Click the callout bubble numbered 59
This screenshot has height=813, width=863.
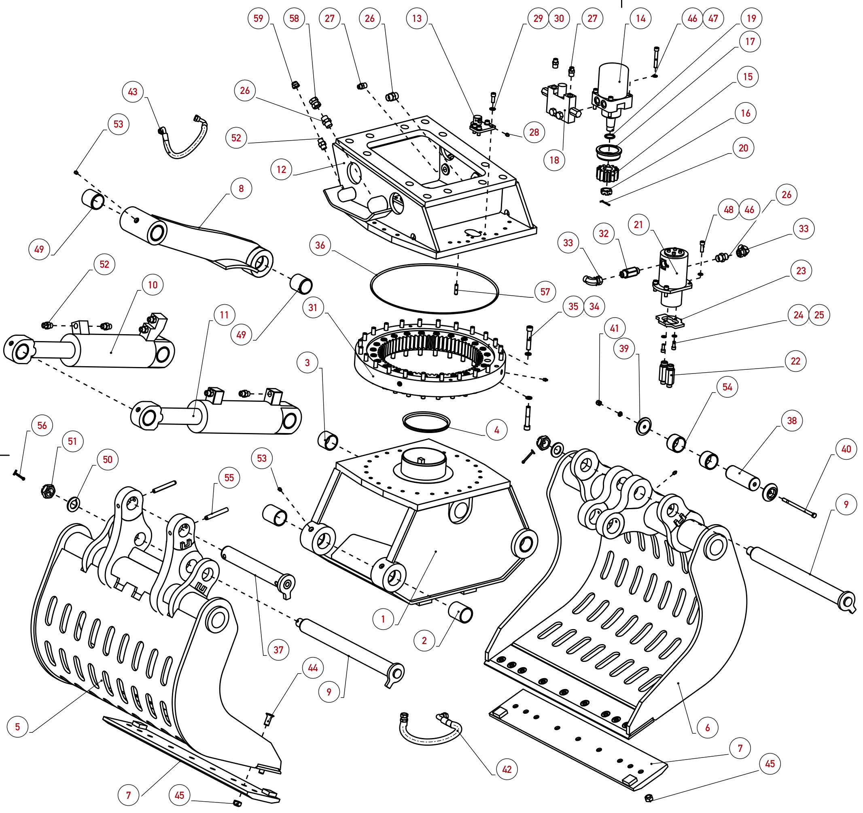tap(258, 18)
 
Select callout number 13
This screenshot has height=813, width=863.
tap(417, 18)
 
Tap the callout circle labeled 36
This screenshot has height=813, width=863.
tap(320, 245)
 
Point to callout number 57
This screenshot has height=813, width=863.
tap(545, 292)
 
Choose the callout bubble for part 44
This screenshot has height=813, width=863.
tap(313, 668)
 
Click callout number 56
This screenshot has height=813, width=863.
tap(42, 425)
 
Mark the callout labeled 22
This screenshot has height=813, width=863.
tap(795, 361)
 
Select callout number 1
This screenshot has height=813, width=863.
tap(383, 619)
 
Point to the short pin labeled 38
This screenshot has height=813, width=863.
tap(743, 478)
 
